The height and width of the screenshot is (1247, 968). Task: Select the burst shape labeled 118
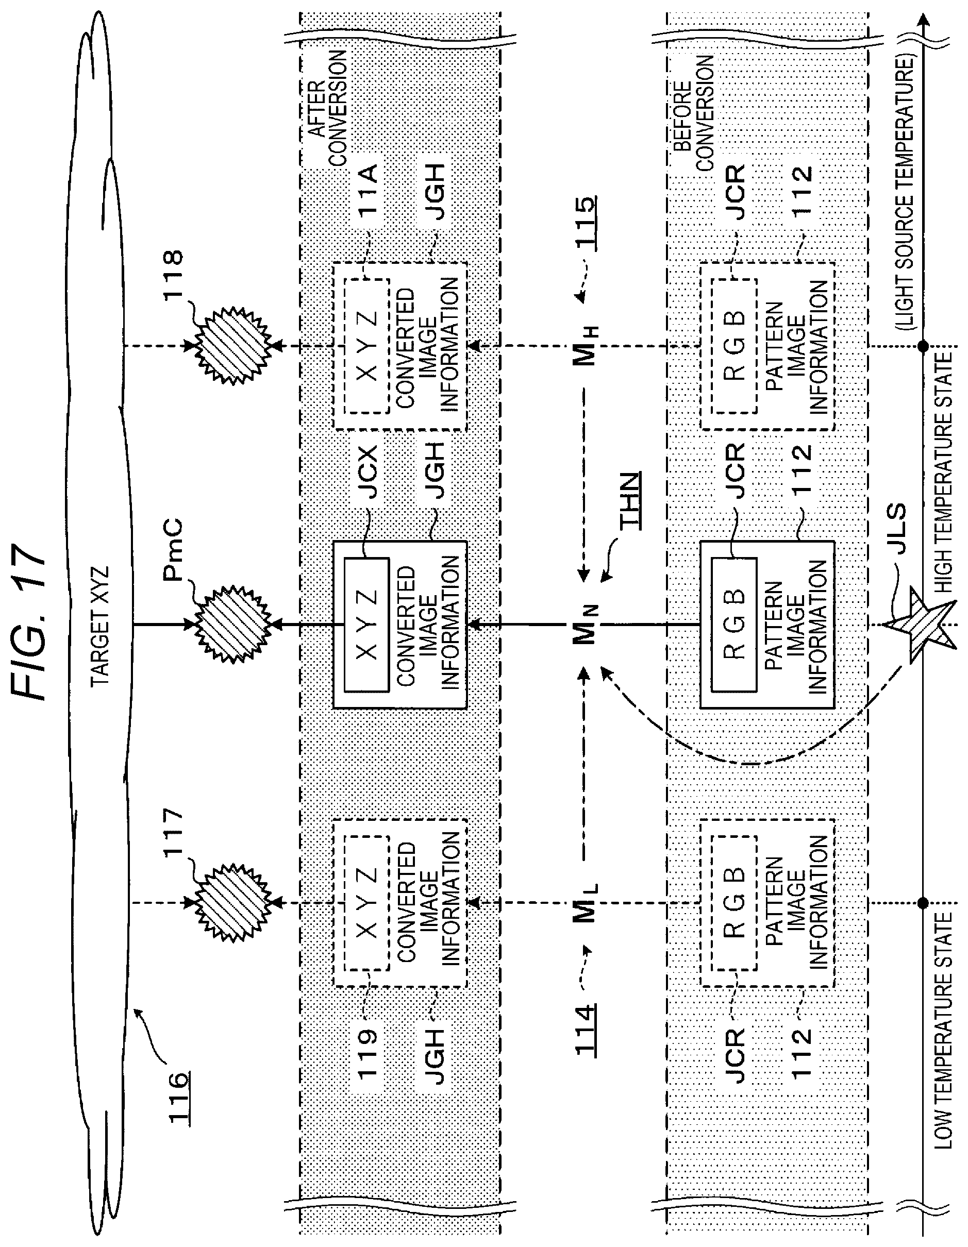point(233,345)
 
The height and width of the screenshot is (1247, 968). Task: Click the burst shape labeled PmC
point(233,624)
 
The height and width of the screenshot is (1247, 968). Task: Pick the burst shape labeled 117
point(233,903)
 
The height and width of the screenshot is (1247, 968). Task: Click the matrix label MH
point(587,346)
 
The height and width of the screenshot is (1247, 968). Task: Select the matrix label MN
point(587,625)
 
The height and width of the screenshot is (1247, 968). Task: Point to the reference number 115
point(586,223)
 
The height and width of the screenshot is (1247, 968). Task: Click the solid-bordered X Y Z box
point(366,625)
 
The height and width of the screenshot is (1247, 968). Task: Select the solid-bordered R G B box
point(735,625)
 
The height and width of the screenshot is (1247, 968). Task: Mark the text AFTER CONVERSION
point(327,109)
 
